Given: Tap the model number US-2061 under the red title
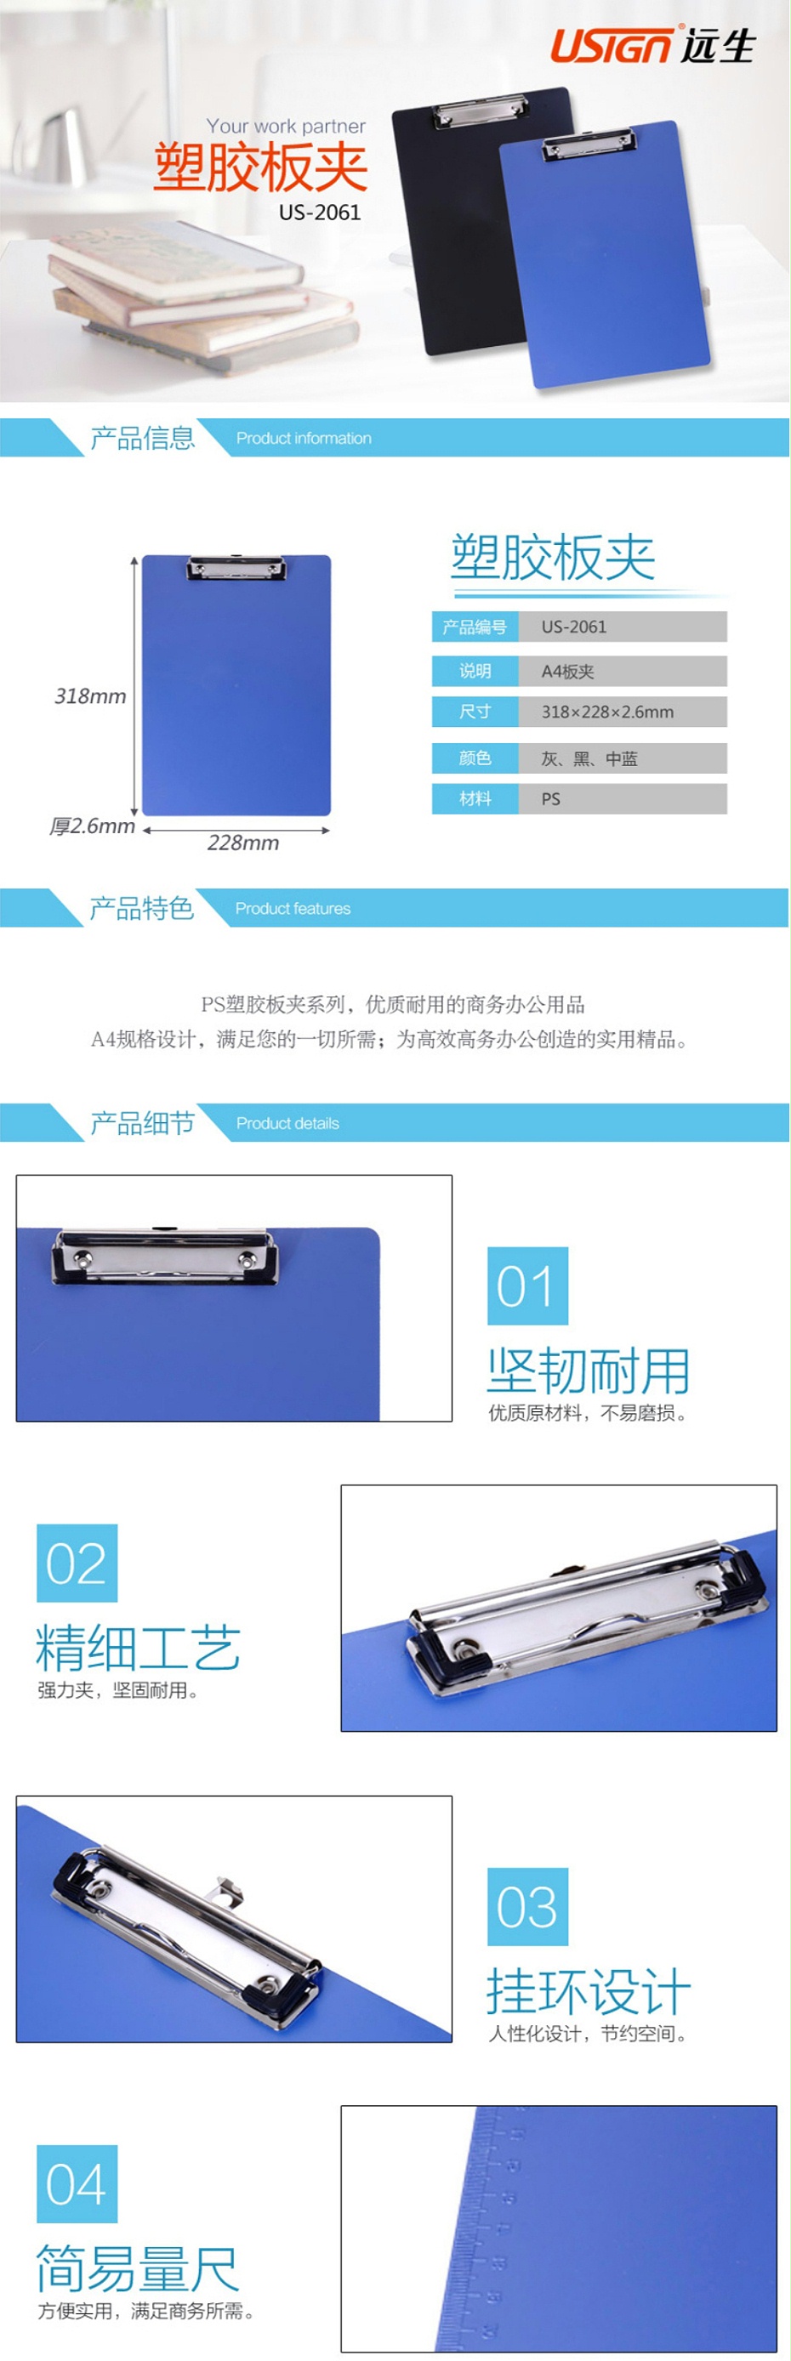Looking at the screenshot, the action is tap(320, 213).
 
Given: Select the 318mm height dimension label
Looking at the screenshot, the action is tap(90, 695).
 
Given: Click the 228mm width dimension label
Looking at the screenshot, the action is tap(243, 843).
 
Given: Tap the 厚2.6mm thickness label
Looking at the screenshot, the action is tap(93, 826).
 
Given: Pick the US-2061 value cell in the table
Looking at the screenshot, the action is tap(623, 627).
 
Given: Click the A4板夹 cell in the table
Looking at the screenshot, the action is tap(623, 671).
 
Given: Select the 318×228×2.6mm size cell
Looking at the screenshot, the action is tap(623, 712).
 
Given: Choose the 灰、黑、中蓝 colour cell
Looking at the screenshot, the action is tap(623, 758).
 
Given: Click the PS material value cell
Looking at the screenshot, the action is tap(623, 798).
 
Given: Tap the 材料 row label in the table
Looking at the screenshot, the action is tap(475, 798).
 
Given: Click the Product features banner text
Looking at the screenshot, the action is tap(293, 908).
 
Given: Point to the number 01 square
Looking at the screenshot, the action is tap(527, 1285).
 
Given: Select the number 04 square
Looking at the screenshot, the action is tap(77, 2183).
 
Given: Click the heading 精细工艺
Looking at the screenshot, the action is tap(139, 1648).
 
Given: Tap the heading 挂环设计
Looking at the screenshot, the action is tap(589, 1992).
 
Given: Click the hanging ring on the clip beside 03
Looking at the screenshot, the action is tap(228, 1891).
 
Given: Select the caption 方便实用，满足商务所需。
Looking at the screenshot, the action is tap(146, 2311).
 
